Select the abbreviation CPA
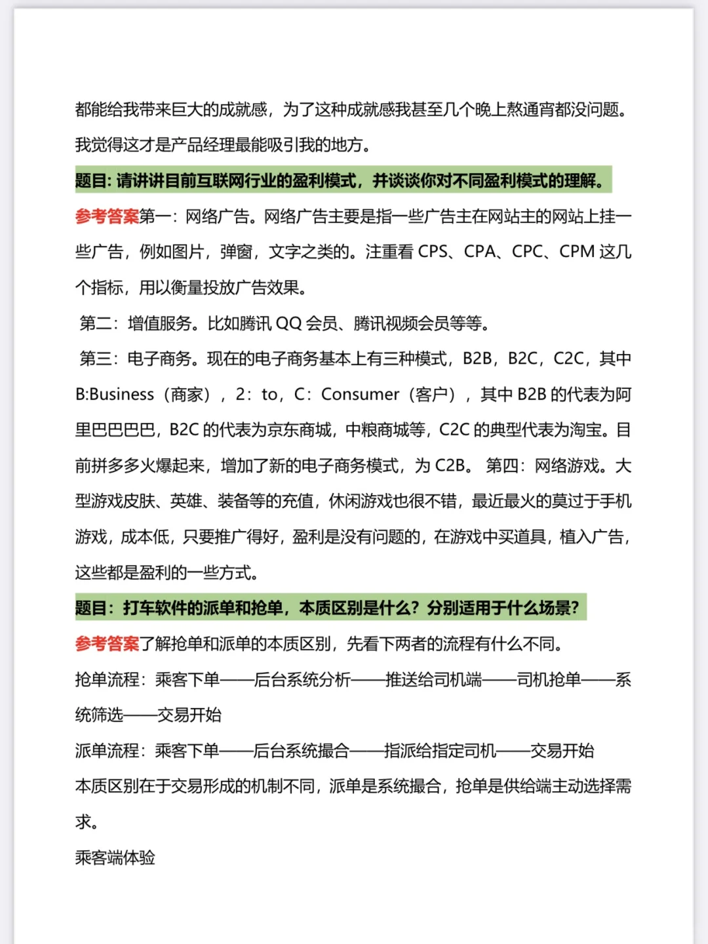[480, 252]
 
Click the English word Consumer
[360, 395]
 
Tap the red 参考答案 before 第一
[107, 216]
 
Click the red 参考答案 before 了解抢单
[107, 644]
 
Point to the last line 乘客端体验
[115, 857]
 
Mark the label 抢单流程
[107, 680]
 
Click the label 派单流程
[107, 751]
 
